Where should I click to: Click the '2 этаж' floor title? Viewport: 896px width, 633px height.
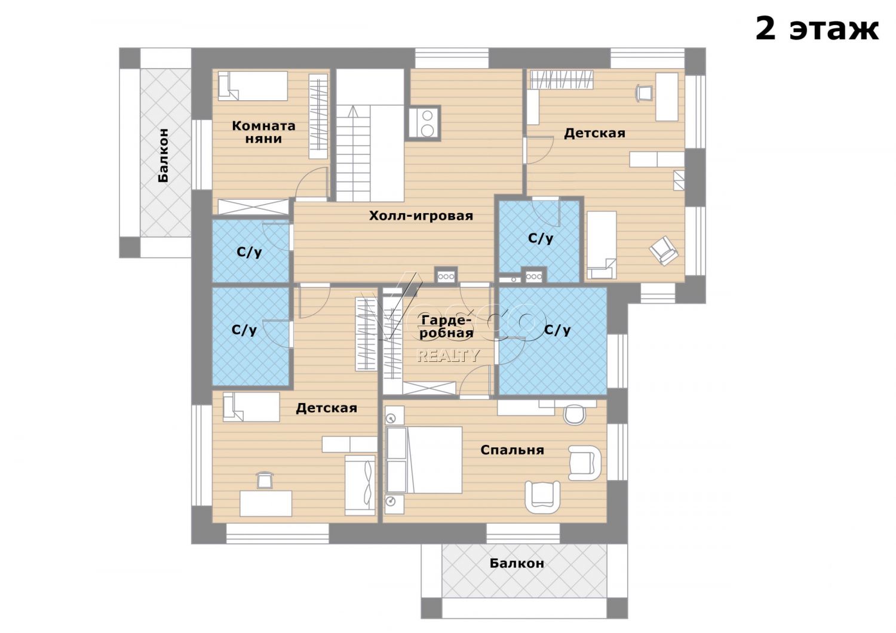(x=817, y=29)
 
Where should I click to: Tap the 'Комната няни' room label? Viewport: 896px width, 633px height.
(x=263, y=133)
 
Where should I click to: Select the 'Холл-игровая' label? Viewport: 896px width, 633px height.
(x=421, y=216)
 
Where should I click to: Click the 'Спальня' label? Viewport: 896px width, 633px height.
(x=512, y=450)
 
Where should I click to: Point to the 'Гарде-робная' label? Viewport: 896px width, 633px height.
(x=446, y=327)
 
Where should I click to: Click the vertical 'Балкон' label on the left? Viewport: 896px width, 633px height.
(x=163, y=155)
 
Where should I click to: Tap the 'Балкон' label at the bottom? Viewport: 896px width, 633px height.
(x=517, y=563)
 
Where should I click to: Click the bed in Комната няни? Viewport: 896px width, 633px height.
(x=253, y=86)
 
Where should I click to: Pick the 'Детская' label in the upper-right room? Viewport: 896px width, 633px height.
(x=594, y=133)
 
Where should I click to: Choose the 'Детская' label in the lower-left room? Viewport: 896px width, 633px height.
(x=326, y=408)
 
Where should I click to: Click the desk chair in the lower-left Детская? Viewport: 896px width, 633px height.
(x=263, y=480)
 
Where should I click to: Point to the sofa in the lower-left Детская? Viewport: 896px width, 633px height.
(x=360, y=485)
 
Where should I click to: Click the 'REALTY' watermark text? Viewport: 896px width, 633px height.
(x=448, y=355)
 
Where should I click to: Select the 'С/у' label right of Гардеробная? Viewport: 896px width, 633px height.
(x=557, y=330)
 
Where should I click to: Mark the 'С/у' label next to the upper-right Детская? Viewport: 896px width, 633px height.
(x=541, y=239)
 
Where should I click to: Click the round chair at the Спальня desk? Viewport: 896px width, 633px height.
(x=575, y=414)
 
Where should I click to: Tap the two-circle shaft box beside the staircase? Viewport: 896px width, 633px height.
(x=424, y=123)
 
